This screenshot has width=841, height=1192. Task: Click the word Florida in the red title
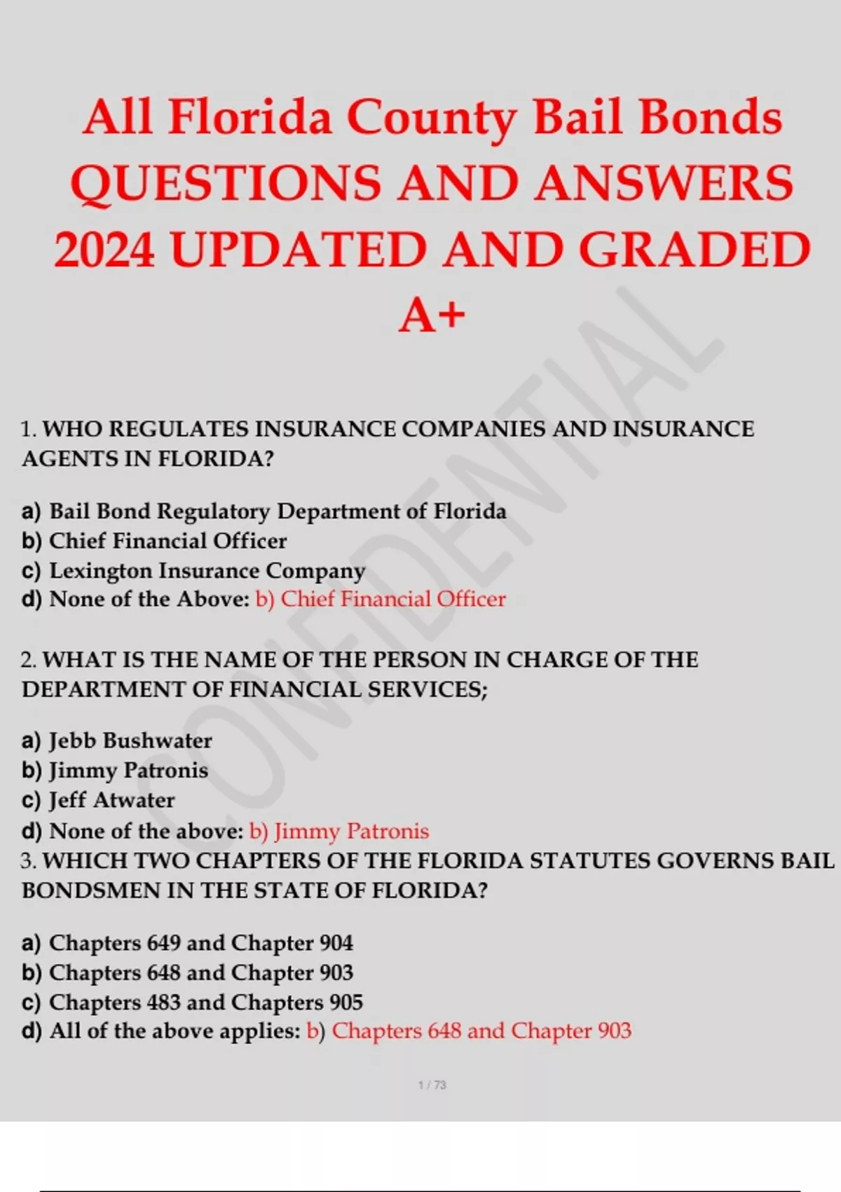(249, 117)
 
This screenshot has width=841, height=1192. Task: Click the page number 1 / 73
(432, 1085)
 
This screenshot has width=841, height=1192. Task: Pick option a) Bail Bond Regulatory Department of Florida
(264, 511)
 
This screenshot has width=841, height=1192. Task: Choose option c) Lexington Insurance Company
(193, 571)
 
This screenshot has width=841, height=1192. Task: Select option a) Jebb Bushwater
(117, 741)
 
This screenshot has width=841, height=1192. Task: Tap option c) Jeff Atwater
(98, 800)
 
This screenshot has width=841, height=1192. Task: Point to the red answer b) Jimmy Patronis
(339, 832)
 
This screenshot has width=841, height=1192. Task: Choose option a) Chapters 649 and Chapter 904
(187, 943)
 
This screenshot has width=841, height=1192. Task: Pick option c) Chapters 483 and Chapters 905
(192, 1003)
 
